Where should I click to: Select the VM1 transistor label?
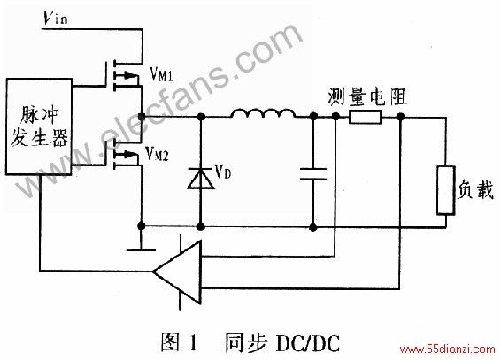(x=161, y=74)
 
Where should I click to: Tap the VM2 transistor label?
(x=157, y=153)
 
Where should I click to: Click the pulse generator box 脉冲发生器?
(x=39, y=126)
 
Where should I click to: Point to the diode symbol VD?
(x=201, y=179)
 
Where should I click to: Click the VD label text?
(x=223, y=172)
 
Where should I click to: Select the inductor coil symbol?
(x=263, y=113)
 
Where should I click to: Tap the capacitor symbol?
(x=313, y=174)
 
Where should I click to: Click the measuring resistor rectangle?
(x=366, y=117)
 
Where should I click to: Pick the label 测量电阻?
(x=367, y=96)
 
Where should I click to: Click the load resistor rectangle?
(x=446, y=190)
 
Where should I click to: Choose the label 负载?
(x=475, y=189)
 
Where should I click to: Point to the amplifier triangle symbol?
(x=177, y=272)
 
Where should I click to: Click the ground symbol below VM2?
(x=141, y=249)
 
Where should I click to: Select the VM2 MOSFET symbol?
(x=123, y=155)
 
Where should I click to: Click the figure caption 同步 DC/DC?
(x=282, y=343)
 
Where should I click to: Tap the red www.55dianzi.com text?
(x=448, y=349)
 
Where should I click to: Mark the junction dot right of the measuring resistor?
(x=400, y=117)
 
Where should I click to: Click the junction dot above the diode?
(x=201, y=117)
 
